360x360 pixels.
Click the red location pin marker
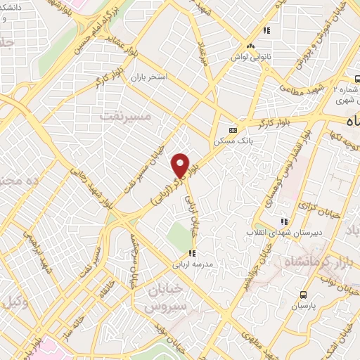point(181,165)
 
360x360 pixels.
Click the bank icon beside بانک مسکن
point(233,130)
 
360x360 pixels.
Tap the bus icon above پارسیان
point(304,294)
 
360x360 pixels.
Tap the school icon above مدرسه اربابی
point(192,253)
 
